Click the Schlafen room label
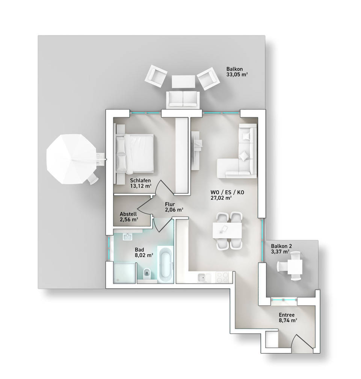[140, 180]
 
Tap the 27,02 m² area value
[221, 198]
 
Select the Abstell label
[128, 214]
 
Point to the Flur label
[170, 204]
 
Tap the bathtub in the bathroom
[166, 264]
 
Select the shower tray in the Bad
[124, 273]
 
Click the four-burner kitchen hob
[222, 277]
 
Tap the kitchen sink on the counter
[204, 277]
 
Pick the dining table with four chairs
[227, 230]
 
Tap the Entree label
[287, 315]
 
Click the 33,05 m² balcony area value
[237, 74]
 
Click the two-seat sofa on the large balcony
[183, 99]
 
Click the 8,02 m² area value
[144, 255]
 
